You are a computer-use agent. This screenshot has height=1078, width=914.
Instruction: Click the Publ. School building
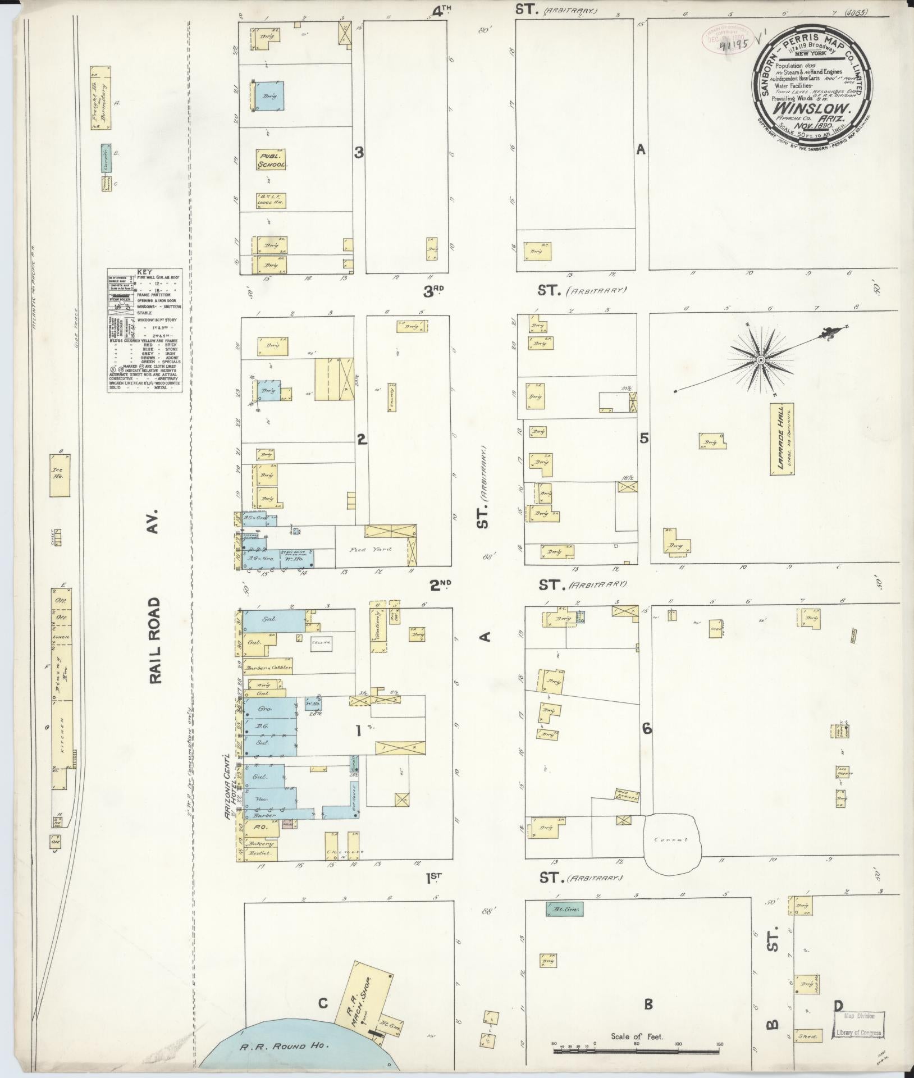(x=272, y=159)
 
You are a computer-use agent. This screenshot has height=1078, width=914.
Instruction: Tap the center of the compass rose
(x=760, y=360)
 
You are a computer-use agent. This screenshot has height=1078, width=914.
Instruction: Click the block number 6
(x=647, y=729)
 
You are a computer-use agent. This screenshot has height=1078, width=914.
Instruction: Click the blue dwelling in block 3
(x=270, y=97)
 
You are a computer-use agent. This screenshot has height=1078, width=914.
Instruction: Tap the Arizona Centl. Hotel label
(x=227, y=776)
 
